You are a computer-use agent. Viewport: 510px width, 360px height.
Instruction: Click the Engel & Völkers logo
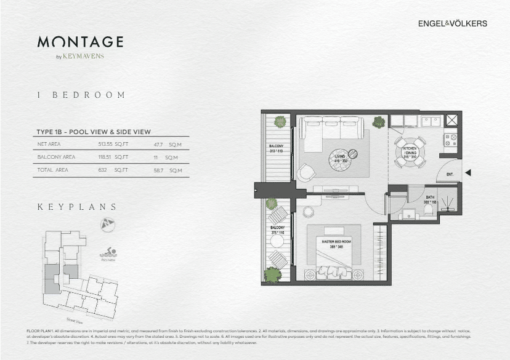452,23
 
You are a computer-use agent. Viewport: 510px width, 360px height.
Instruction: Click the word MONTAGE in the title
80,42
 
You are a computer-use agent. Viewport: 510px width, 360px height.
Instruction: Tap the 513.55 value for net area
107,145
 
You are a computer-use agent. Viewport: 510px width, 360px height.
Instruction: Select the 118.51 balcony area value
107,157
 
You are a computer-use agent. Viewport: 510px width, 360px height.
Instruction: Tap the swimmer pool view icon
108,253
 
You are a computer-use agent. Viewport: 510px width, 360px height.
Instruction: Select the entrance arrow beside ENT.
467,174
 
